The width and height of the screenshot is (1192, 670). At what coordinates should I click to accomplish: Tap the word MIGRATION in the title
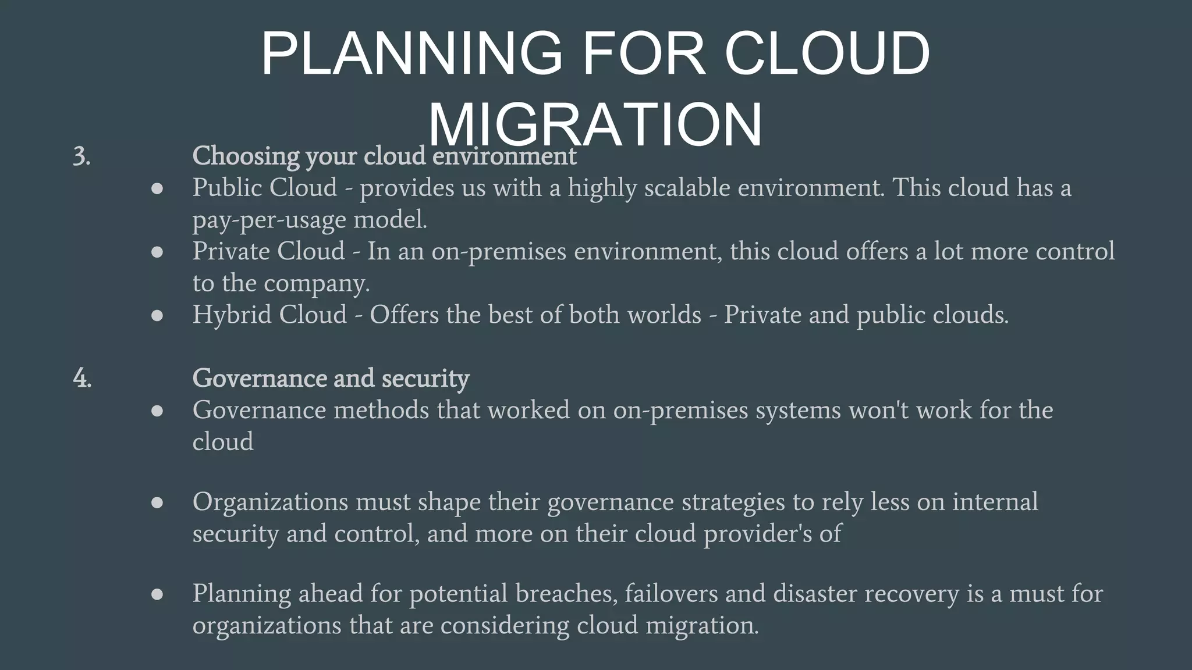pyautogui.click(x=595, y=125)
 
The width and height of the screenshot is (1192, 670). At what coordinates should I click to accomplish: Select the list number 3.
pyautogui.click(x=81, y=156)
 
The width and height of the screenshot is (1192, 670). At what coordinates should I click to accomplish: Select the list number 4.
pyautogui.click(x=82, y=378)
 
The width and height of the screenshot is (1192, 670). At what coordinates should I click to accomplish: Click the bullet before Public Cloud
pyautogui.click(x=157, y=188)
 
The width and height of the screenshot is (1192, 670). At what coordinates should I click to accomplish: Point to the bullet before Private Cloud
pyautogui.click(x=157, y=252)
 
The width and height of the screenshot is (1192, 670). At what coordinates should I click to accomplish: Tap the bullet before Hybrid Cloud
pyautogui.click(x=157, y=315)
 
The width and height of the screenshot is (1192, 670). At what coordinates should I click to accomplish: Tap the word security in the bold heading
pyautogui.click(x=425, y=378)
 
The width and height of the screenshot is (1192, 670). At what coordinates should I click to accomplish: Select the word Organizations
pyautogui.click(x=270, y=501)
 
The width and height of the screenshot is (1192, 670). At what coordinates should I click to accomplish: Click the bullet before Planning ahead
pyautogui.click(x=157, y=594)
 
